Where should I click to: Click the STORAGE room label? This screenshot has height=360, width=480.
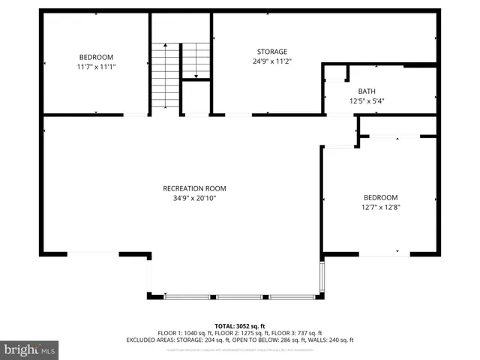point(272,52)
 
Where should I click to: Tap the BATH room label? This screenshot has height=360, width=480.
point(366,91)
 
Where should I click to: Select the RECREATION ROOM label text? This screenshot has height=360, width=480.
point(194,188)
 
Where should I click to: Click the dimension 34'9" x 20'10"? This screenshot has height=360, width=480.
point(194,198)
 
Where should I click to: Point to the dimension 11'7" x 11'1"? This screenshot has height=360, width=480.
point(96,67)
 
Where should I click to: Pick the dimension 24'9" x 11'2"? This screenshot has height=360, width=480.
point(272,61)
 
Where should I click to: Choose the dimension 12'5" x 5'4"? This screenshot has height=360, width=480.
point(366,100)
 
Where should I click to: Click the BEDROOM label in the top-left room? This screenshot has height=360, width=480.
point(96,57)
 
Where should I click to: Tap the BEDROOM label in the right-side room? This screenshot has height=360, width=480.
point(380,197)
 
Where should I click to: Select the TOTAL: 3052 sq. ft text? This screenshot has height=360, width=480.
point(240,325)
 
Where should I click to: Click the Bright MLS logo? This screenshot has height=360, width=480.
point(30,349)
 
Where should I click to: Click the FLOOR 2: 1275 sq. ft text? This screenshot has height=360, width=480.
point(241,333)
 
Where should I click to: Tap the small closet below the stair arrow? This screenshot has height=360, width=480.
point(196,97)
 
